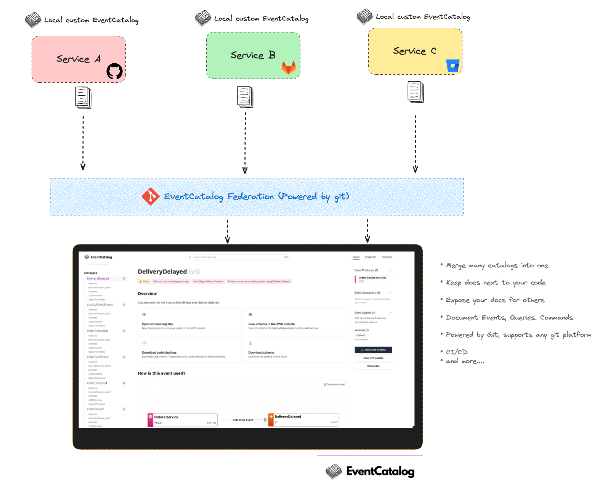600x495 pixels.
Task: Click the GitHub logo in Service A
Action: click(x=114, y=71)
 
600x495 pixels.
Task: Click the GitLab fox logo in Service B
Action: click(x=289, y=67)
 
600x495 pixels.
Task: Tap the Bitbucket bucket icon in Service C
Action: click(x=453, y=66)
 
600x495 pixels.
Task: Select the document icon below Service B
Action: click(x=245, y=96)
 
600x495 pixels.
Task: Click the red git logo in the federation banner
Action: click(x=151, y=196)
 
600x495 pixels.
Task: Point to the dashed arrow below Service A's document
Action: click(x=83, y=143)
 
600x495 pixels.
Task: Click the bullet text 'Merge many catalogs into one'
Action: click(x=497, y=265)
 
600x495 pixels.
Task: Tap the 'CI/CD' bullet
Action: click(x=457, y=352)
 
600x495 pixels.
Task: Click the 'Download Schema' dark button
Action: click(x=373, y=350)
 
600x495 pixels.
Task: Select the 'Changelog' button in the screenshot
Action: click(x=373, y=366)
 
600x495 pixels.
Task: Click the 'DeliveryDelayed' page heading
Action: click(x=162, y=272)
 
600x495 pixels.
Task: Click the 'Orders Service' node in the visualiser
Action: click(x=182, y=420)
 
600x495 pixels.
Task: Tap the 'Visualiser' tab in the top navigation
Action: click(x=370, y=257)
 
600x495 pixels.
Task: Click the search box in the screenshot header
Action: click(x=238, y=257)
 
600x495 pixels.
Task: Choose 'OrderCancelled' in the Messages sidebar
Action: click(x=98, y=331)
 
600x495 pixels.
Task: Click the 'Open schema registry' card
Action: click(x=189, y=321)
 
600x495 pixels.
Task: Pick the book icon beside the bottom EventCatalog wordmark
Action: click(x=334, y=472)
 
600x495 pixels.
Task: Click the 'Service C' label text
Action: click(x=415, y=51)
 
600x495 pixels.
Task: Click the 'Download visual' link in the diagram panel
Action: click(x=334, y=384)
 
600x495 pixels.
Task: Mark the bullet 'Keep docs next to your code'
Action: click(x=496, y=283)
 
